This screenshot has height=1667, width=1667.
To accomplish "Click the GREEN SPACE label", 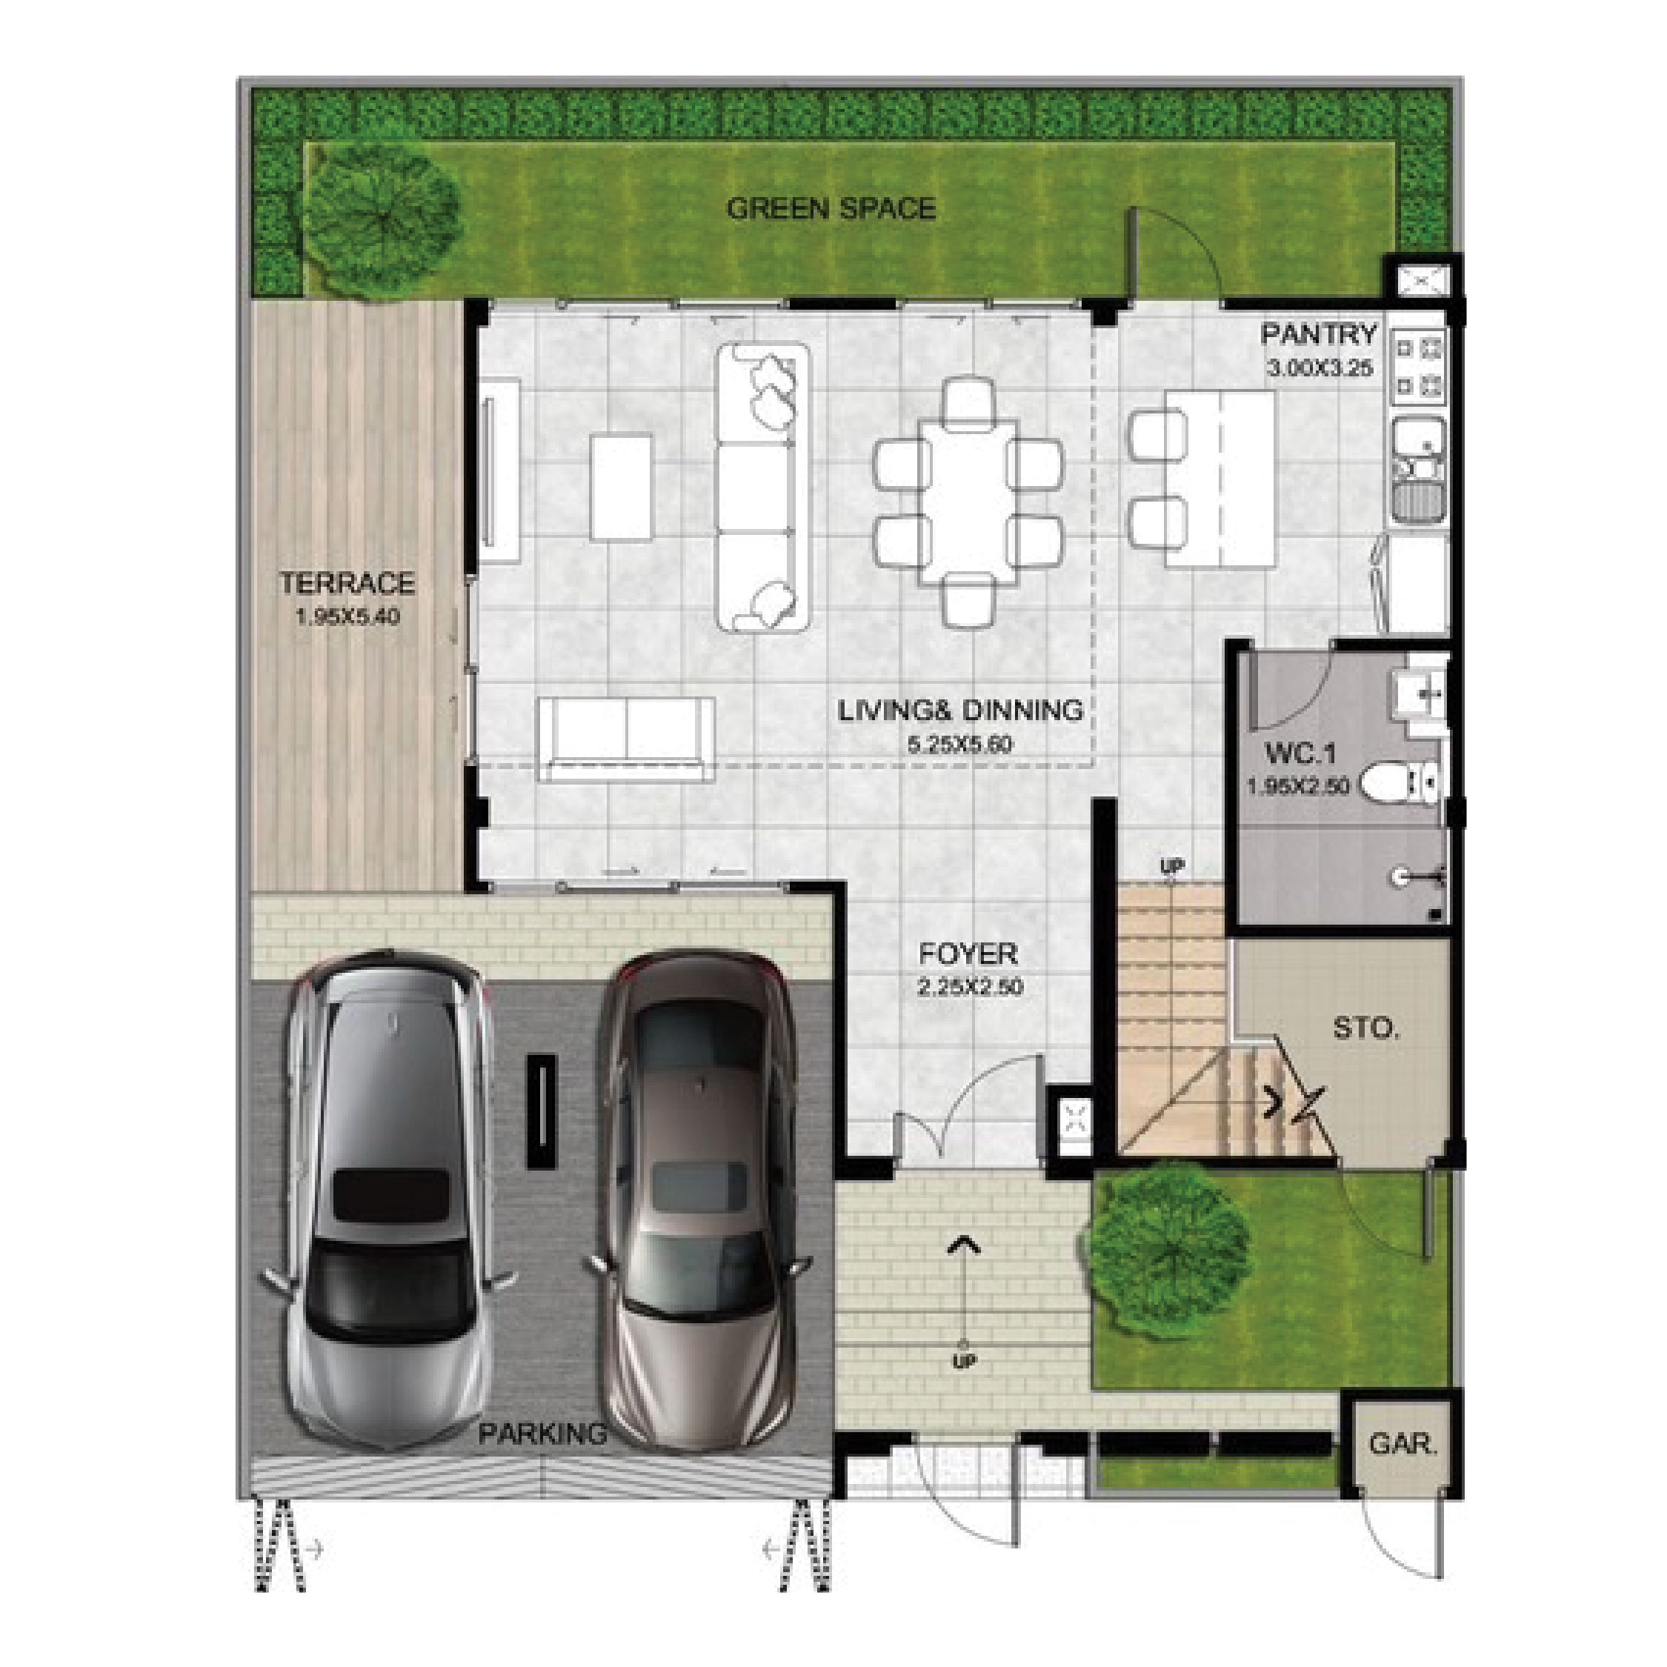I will click(831, 209).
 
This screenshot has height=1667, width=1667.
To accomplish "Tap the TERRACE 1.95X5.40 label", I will click(347, 598).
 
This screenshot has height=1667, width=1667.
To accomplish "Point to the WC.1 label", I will click(1300, 755).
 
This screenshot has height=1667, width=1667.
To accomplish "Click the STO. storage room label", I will click(1365, 1028).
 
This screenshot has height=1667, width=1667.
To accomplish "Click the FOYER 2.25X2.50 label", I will click(968, 968).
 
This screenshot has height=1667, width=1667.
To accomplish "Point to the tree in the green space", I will click(382, 222).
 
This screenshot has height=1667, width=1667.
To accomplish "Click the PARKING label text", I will click(543, 1435).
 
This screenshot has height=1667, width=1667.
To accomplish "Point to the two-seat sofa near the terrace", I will click(626, 740).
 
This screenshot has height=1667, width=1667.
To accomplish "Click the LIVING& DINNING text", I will click(960, 710).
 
